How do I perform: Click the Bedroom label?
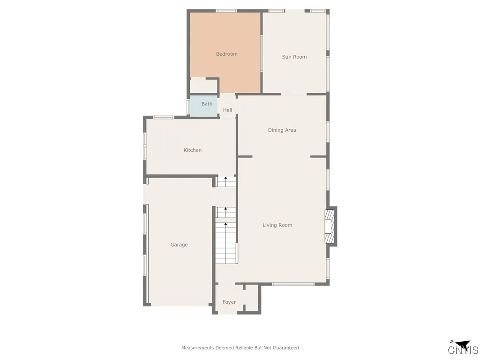click(x=226, y=54)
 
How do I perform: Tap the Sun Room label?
click(x=294, y=57)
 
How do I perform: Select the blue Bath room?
click(x=204, y=106)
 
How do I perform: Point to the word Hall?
click(x=227, y=110)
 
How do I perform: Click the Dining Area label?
click(x=282, y=130)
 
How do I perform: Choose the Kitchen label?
click(x=192, y=150)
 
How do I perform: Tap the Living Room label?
click(x=277, y=225)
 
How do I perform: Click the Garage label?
click(x=179, y=245)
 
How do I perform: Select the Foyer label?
click(x=229, y=302)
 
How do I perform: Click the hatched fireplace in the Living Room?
click(x=330, y=226)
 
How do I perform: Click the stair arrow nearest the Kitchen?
click(x=225, y=179)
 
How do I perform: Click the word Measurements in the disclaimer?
click(x=197, y=348)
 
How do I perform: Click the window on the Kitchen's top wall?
click(x=163, y=117)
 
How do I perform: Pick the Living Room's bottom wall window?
click(x=293, y=284)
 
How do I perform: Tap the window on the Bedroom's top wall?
click(x=226, y=11)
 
